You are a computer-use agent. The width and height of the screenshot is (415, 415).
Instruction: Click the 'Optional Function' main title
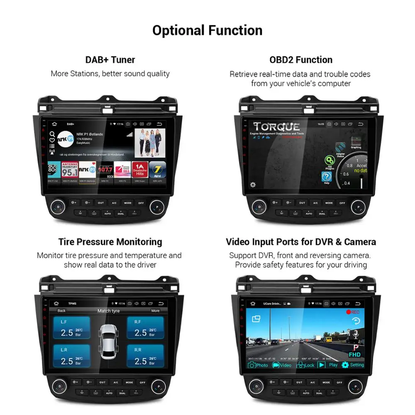tap(207, 30)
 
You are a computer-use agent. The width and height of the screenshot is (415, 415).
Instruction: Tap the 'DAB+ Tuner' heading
tap(110, 60)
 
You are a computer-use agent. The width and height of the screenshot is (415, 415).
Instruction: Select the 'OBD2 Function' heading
tap(301, 60)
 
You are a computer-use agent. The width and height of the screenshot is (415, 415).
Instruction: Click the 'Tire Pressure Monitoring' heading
tap(110, 242)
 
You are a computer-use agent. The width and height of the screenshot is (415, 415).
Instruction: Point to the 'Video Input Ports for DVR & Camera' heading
tap(301, 242)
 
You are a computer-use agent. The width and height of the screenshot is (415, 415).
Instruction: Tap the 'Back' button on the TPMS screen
tap(61, 310)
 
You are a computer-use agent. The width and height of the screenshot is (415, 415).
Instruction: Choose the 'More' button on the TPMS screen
tap(155, 310)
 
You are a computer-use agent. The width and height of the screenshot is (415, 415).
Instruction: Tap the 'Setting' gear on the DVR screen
tap(353, 365)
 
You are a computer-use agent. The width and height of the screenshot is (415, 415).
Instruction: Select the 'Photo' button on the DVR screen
tap(258, 365)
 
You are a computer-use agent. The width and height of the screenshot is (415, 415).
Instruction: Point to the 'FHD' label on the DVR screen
tap(354, 355)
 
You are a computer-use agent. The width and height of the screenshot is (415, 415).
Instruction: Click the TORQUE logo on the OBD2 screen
tap(277, 126)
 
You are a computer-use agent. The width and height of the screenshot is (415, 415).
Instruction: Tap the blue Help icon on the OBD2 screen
tap(327, 177)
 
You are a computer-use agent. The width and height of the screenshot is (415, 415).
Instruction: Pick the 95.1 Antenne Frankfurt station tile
tap(70, 170)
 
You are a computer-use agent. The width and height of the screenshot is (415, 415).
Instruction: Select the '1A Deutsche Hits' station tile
tap(140, 170)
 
